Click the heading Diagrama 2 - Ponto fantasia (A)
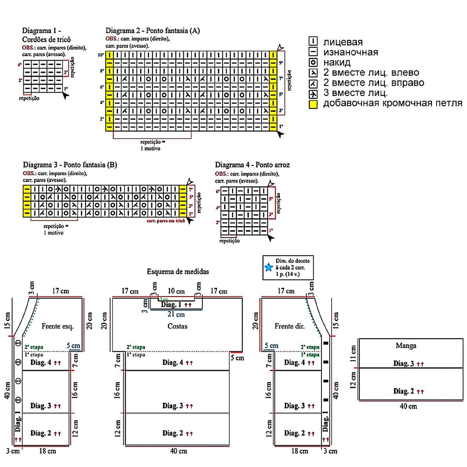(x=153, y=31)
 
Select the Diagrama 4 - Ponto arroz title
(x=252, y=165)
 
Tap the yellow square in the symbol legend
(x=313, y=104)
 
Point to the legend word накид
(x=337, y=62)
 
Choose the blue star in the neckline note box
(x=269, y=267)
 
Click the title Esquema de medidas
(x=177, y=272)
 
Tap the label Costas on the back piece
(x=177, y=326)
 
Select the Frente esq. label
(x=57, y=326)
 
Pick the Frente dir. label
(x=289, y=326)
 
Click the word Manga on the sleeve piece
(x=406, y=346)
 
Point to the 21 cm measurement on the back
(x=176, y=314)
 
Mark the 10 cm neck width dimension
(x=176, y=291)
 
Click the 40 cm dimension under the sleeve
(x=408, y=406)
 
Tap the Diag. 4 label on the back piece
(x=173, y=363)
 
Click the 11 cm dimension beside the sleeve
(x=353, y=353)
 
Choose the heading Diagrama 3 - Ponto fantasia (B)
(x=70, y=165)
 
